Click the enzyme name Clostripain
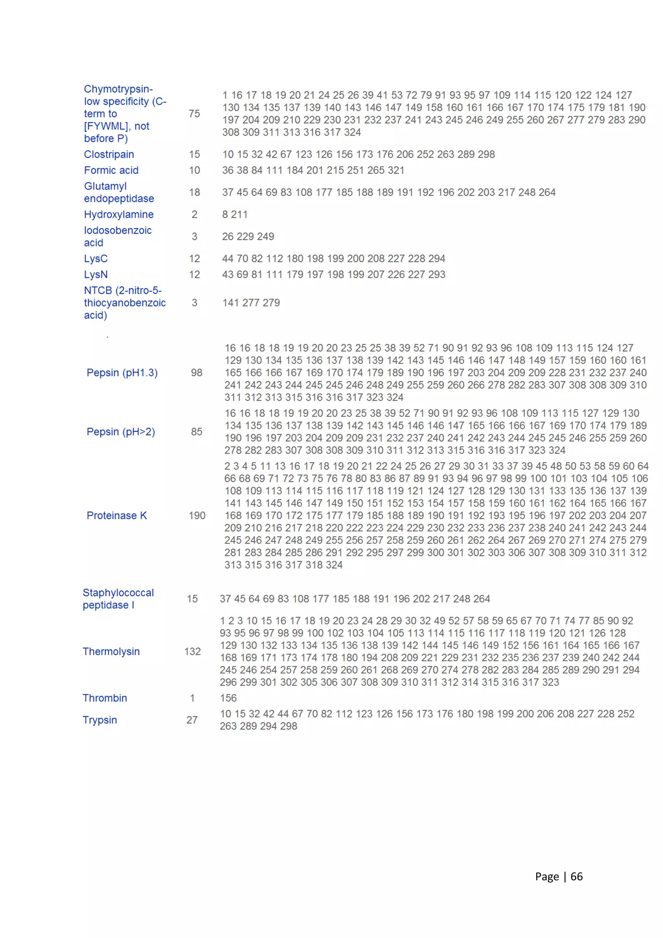pyautogui.click(x=109, y=154)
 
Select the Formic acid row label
pyautogui.click(x=111, y=170)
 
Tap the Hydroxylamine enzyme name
pyautogui.click(x=119, y=214)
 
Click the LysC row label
pyautogui.click(x=96, y=258)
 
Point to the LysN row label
pyautogui.click(x=96, y=275)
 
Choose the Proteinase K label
pyautogui.click(x=117, y=516)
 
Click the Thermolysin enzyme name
pyautogui.click(x=111, y=652)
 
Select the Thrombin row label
pyautogui.click(x=105, y=698)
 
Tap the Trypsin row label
pyautogui.click(x=100, y=720)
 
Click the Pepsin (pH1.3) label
pyautogui.click(x=122, y=373)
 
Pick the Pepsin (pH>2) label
pyautogui.click(x=121, y=432)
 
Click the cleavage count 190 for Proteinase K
pyautogui.click(x=197, y=516)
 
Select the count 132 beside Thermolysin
pyautogui.click(x=192, y=652)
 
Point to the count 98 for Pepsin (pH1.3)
pyautogui.click(x=197, y=373)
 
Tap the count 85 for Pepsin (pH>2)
pyautogui.click(x=197, y=432)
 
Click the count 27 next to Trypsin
pyautogui.click(x=192, y=720)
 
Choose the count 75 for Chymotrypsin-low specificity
pyautogui.click(x=194, y=114)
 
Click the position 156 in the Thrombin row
pyautogui.click(x=228, y=698)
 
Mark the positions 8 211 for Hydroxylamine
pyautogui.click(x=235, y=214)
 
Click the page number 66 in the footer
pyautogui.click(x=577, y=877)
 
